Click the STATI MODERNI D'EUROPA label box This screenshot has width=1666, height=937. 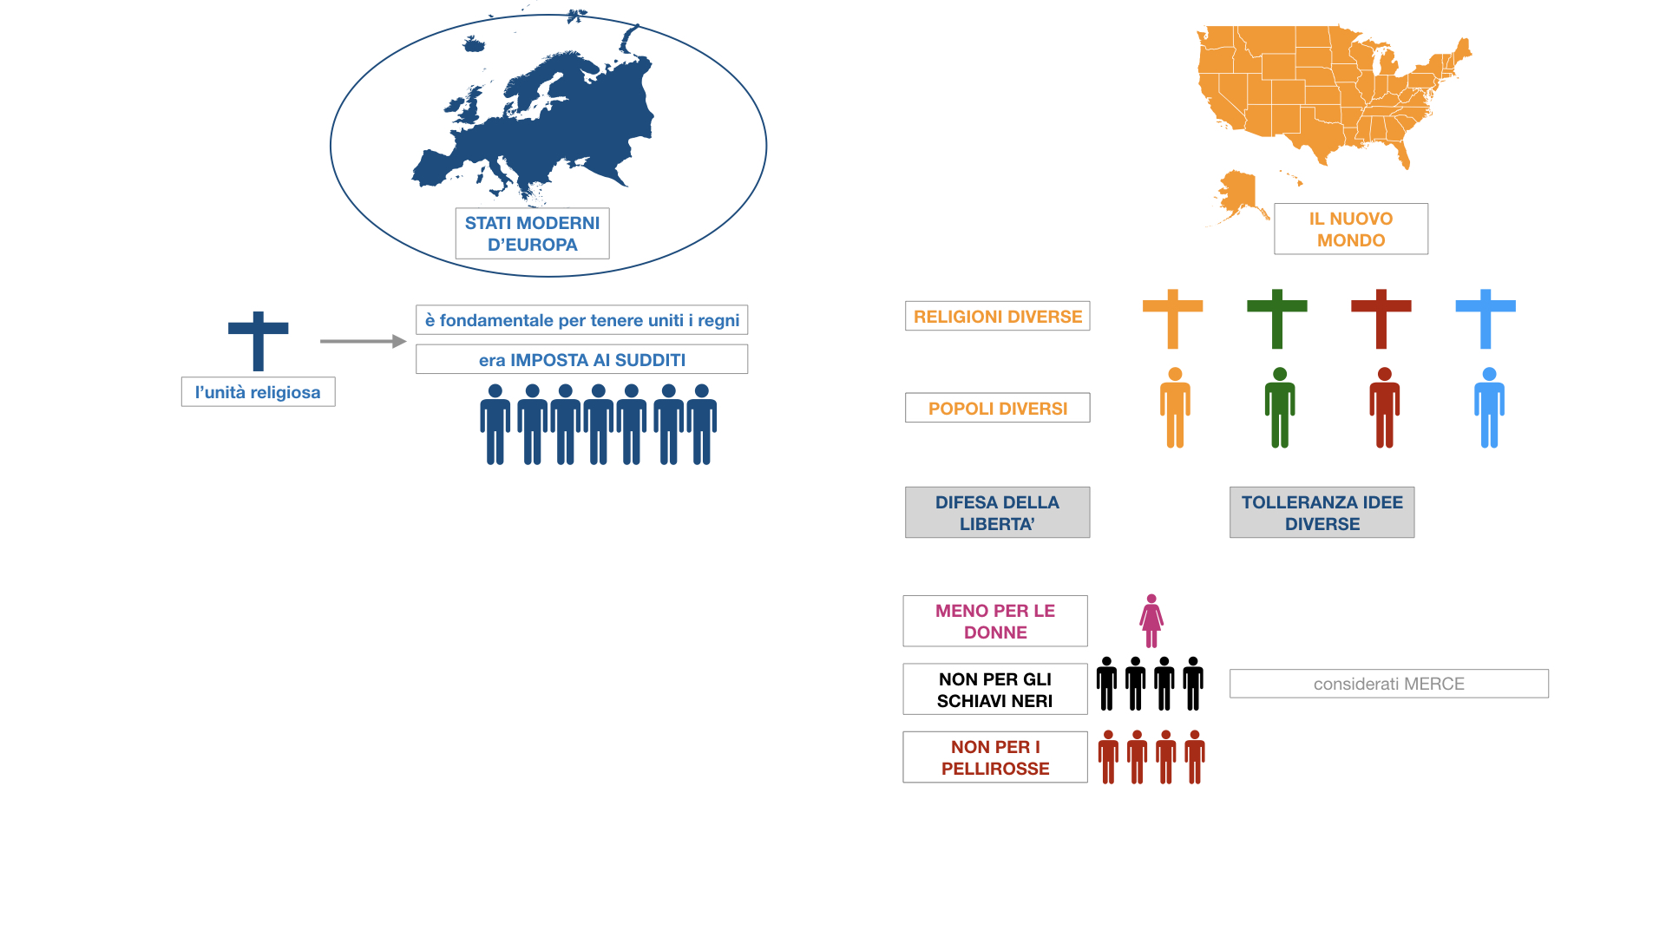pyautogui.click(x=532, y=233)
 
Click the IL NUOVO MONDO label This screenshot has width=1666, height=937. pyautogui.click(x=1350, y=229)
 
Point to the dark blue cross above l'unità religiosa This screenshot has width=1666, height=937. pyautogui.click(x=258, y=338)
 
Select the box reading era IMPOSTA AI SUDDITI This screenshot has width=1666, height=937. pyautogui.click(x=581, y=359)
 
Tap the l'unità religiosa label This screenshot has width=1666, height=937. pyautogui.click(x=258, y=392)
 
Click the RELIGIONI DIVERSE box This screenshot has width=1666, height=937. pyautogui.click(x=997, y=317)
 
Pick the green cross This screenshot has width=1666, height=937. pyautogui.click(x=1276, y=318)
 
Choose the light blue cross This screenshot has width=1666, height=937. pyautogui.click(x=1485, y=318)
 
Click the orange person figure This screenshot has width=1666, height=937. pyautogui.click(x=1175, y=408)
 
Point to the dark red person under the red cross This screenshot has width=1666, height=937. pyautogui.click(x=1384, y=408)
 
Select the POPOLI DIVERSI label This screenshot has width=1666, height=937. pyautogui.click(x=997, y=408)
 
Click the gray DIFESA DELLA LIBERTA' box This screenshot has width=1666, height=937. pyautogui.click(x=997, y=513)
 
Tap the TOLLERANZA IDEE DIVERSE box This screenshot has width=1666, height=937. pyautogui.click(x=1322, y=513)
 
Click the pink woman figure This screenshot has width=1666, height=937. pyautogui.click(x=1151, y=621)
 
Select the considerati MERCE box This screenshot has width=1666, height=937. pyautogui.click(x=1388, y=684)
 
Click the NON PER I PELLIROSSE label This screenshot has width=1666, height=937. pyautogui.click(x=994, y=757)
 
